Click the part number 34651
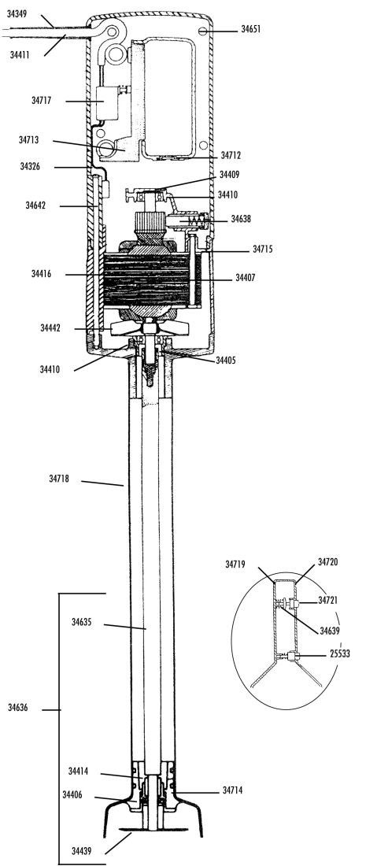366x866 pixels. click(250, 29)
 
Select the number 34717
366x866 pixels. click(42, 101)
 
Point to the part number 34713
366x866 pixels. click(28, 140)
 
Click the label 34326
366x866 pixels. click(30, 166)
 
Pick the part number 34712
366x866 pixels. click(231, 156)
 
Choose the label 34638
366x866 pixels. click(241, 219)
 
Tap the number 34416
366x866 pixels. click(42, 273)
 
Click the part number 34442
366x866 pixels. click(50, 328)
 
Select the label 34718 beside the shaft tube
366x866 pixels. click(59, 479)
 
